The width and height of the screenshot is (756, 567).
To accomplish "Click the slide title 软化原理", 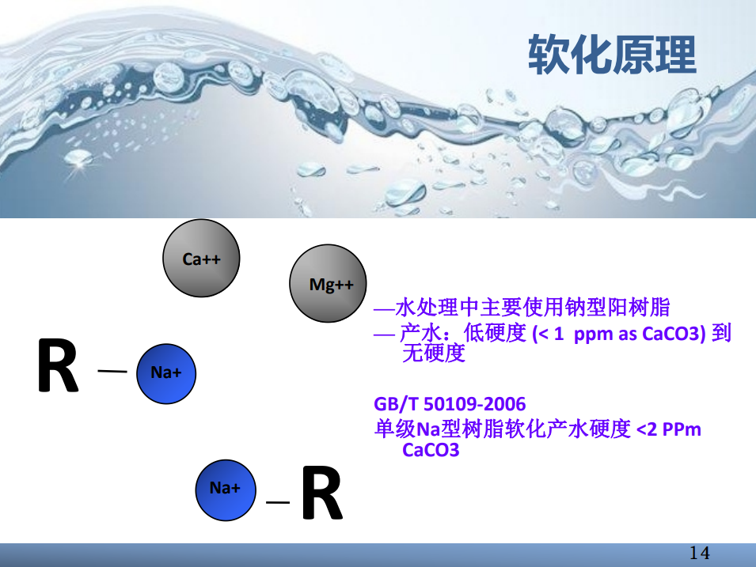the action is [x=612, y=55].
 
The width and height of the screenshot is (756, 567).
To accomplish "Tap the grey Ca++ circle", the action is [x=201, y=259].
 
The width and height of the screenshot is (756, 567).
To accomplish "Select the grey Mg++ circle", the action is [x=328, y=283].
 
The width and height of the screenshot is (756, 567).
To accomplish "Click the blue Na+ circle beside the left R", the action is [x=166, y=373].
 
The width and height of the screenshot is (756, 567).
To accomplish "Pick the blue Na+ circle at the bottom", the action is [x=226, y=490].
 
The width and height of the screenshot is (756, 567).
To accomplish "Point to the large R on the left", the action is [x=58, y=365].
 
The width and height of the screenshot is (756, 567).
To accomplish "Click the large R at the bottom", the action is [x=322, y=493].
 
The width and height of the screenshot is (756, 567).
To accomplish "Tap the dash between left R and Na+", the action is [x=112, y=371].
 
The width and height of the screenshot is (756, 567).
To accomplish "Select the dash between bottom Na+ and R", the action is [x=278, y=502].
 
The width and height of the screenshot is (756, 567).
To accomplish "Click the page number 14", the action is [x=700, y=553].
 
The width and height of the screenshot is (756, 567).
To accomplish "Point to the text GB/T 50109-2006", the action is [x=450, y=403].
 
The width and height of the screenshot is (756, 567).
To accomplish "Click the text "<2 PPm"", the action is [x=669, y=429].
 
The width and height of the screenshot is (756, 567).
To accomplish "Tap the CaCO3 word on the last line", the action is [x=431, y=450].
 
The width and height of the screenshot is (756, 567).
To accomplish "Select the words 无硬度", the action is [x=434, y=353].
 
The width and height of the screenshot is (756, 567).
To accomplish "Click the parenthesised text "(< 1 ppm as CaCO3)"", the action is [x=619, y=334].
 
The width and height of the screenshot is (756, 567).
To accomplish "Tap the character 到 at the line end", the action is [x=721, y=333].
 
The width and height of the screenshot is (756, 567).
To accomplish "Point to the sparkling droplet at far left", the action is [x=77, y=158].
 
